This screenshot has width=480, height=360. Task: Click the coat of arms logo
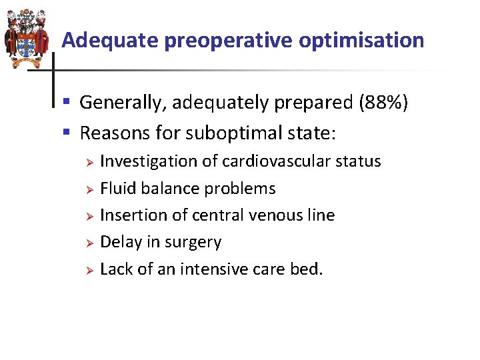tap(25, 39)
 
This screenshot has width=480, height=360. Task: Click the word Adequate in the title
tap(110, 41)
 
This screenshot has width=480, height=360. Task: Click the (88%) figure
tap(383, 103)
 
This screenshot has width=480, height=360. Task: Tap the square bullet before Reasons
tap(67, 133)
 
